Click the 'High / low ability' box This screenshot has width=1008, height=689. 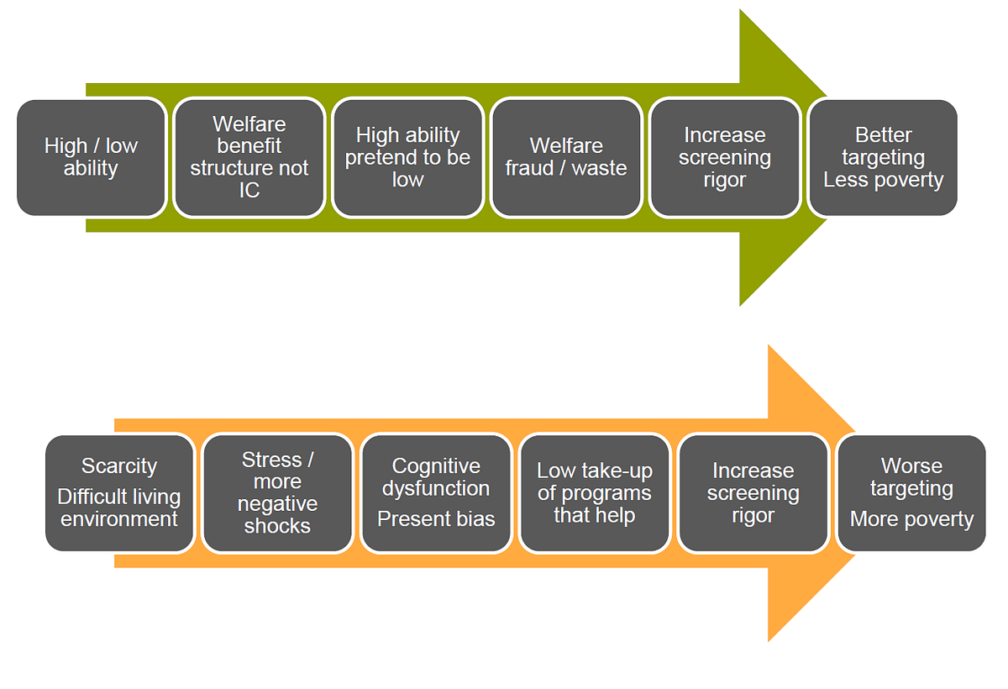[x=91, y=157]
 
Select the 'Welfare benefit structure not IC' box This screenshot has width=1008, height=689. [x=249, y=157]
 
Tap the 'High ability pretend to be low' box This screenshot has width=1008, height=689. [x=407, y=157]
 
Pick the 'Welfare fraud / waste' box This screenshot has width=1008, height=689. [x=566, y=157]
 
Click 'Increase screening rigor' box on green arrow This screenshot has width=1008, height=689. [x=724, y=157]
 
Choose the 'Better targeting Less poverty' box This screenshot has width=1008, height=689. [x=883, y=157]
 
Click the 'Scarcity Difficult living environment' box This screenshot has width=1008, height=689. [x=119, y=493]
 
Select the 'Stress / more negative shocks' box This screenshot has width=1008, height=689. [x=277, y=493]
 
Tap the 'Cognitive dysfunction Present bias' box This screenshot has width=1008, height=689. [x=436, y=493]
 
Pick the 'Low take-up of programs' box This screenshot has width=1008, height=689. [x=594, y=493]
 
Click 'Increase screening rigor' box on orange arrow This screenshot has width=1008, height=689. [x=753, y=493]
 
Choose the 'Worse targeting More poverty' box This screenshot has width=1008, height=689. [x=911, y=493]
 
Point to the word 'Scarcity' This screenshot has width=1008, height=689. [x=119, y=466]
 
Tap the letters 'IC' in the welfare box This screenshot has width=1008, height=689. [x=249, y=191]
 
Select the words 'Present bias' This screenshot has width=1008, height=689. [x=436, y=519]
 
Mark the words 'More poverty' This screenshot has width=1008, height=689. [x=911, y=520]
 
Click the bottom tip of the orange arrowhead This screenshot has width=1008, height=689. [x=769, y=639]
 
